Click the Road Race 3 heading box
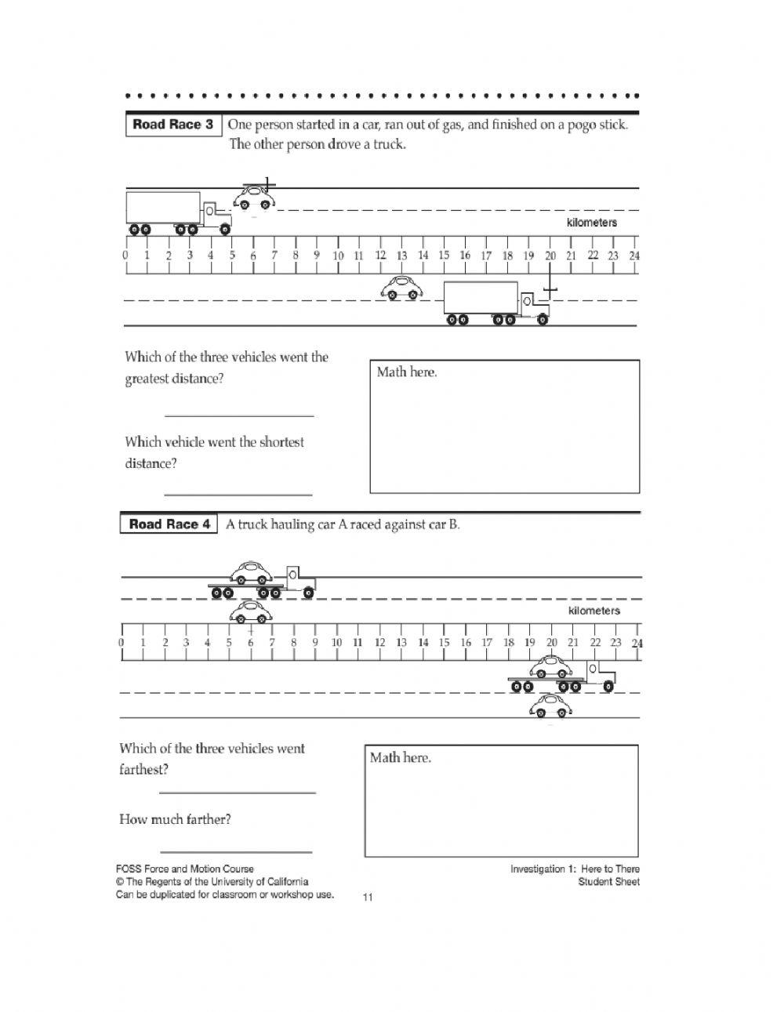pyautogui.click(x=173, y=125)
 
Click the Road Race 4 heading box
pyautogui.click(x=169, y=524)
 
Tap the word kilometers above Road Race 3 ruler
pyautogui.click(x=591, y=223)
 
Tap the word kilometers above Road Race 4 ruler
pyautogui.click(x=593, y=611)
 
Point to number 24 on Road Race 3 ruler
pyautogui.click(x=633, y=256)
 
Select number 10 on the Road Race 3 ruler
pyautogui.click(x=338, y=256)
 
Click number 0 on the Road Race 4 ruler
pyautogui.click(x=122, y=643)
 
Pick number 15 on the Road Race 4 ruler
pyautogui.click(x=444, y=643)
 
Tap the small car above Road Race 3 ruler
pyautogui.click(x=256, y=198)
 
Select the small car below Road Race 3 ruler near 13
pyautogui.click(x=401, y=288)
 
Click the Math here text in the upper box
pyautogui.click(x=406, y=372)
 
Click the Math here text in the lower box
pyautogui.click(x=401, y=758)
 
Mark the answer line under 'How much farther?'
pyautogui.click(x=236, y=851)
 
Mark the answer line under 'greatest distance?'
pyautogui.click(x=239, y=415)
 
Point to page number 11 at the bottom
pyautogui.click(x=368, y=898)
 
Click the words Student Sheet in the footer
pyautogui.click(x=608, y=882)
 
